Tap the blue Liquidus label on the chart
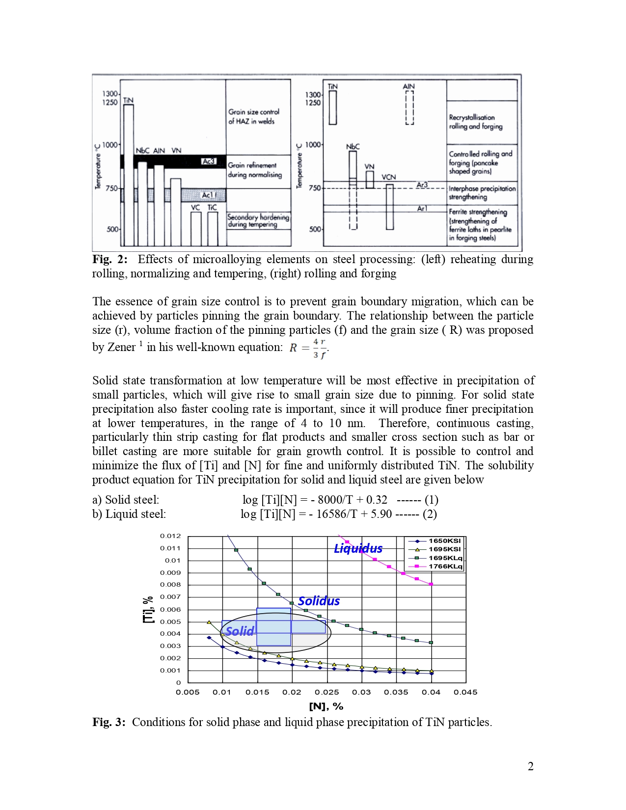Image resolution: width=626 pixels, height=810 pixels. pyautogui.click(x=358, y=548)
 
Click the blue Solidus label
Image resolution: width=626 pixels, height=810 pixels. pyautogui.click(x=319, y=601)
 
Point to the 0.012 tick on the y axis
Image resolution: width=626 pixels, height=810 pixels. pyautogui.click(x=170, y=536)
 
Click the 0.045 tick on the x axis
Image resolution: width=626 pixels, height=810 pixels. pyautogui.click(x=465, y=692)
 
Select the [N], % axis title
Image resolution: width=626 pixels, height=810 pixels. pyautogui.click(x=326, y=706)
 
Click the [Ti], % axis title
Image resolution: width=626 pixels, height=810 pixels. pyautogui.click(x=148, y=610)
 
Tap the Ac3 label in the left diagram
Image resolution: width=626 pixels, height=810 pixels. pyautogui.click(x=208, y=162)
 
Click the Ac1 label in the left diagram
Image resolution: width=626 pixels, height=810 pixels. pyautogui.click(x=208, y=195)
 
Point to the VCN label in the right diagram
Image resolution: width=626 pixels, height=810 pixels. pyautogui.click(x=388, y=177)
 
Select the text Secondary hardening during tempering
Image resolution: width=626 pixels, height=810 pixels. pyautogui.click(x=258, y=220)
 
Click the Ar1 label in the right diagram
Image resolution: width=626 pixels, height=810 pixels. pyautogui.click(x=422, y=209)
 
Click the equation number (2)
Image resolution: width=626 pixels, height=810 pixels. pyautogui.click(x=430, y=514)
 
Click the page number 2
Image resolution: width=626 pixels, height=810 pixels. pyautogui.click(x=530, y=767)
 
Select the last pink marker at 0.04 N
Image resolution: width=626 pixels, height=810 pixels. pyautogui.click(x=431, y=584)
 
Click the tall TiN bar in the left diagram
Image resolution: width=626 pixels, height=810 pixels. pyautogui.click(x=129, y=172)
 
